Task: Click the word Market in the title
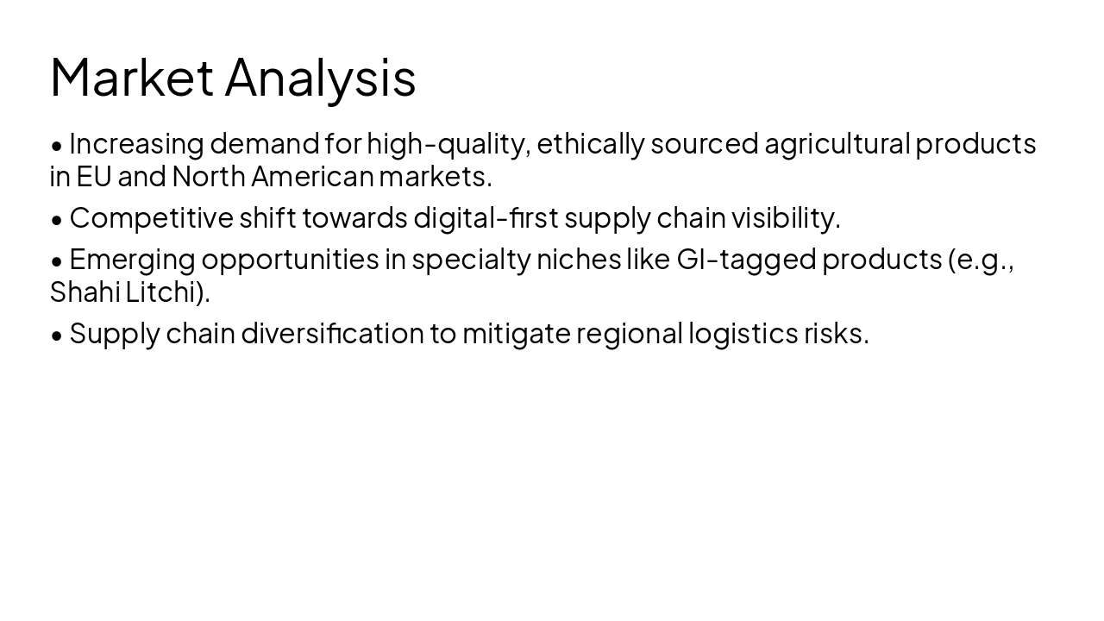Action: [132, 78]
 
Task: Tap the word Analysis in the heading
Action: [320, 78]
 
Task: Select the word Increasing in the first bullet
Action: [136, 143]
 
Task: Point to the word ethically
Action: [590, 143]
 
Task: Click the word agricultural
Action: [837, 143]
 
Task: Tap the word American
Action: [312, 177]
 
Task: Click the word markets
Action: [435, 177]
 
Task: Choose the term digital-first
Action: [486, 218]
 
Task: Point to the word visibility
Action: [785, 218]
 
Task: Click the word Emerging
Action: [132, 259]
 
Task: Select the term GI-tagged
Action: [746, 259]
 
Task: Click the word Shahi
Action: [85, 292]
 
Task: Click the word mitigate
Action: [516, 333]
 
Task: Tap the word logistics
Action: [743, 333]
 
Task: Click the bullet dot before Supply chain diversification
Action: [57, 335]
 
